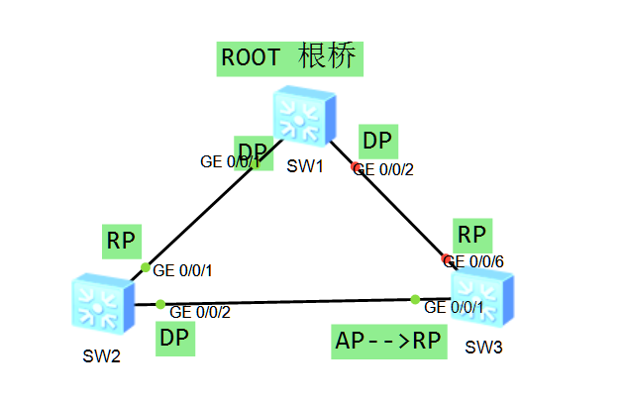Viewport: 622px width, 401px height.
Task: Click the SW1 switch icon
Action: point(305,116)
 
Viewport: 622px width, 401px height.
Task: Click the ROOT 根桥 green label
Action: point(290,57)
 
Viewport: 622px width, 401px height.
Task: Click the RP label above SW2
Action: point(121,240)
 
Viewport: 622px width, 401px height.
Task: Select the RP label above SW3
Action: point(472,235)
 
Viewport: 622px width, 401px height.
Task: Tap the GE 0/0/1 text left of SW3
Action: point(455,307)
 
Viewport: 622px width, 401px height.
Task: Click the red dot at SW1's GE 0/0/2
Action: point(357,167)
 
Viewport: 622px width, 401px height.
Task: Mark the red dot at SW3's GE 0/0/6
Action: point(448,260)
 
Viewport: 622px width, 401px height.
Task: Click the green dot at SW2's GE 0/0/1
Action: point(146,267)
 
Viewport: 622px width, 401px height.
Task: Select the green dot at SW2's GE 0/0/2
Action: point(160,304)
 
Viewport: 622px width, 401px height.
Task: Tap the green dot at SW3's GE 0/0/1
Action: point(416,299)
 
